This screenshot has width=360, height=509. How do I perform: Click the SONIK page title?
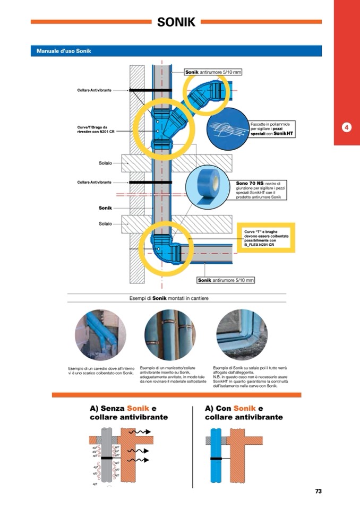[x=176, y=22]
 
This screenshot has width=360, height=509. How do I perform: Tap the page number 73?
[x=318, y=491]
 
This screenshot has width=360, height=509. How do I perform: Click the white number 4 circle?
[x=346, y=127]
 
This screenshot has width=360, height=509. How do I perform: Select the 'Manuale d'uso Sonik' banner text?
[x=64, y=51]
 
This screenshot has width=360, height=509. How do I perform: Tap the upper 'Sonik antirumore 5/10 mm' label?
[x=213, y=72]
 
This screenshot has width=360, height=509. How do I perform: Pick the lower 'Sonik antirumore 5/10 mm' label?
[x=226, y=280]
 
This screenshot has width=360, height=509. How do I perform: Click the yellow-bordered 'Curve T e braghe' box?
[x=265, y=238]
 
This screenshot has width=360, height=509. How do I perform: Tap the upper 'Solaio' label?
[x=105, y=162]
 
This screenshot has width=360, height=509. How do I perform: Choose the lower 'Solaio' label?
[x=105, y=223]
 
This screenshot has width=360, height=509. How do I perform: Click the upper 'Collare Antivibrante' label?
[x=94, y=91]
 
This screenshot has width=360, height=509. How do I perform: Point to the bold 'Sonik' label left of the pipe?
[x=105, y=208]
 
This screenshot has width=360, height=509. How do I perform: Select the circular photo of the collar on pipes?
[x=170, y=335]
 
